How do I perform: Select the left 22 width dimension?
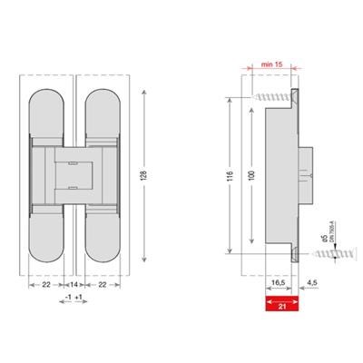tap(45, 285)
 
